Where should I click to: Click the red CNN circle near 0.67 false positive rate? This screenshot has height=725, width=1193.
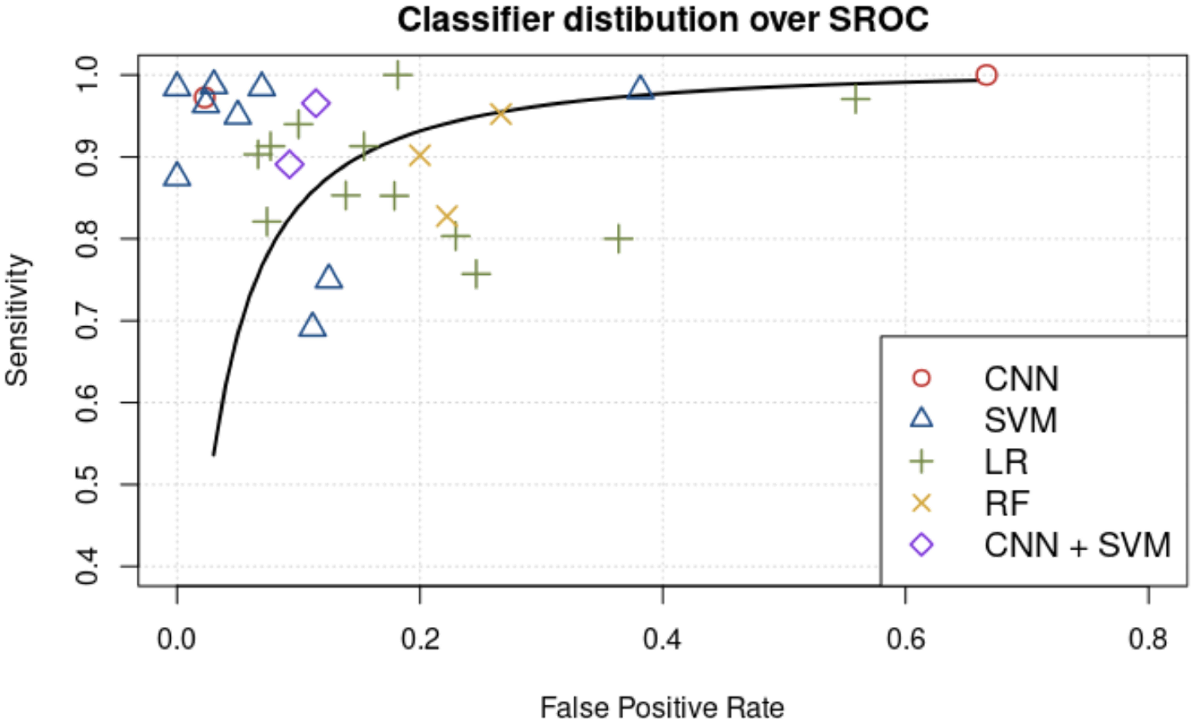986,75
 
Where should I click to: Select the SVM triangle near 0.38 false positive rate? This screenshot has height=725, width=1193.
640,88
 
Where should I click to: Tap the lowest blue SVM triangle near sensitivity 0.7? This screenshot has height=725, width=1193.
312,326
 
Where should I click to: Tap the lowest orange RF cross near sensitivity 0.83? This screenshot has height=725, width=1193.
446,216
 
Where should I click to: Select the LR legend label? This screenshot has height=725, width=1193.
1006,462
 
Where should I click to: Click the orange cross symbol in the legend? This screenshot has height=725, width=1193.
921,503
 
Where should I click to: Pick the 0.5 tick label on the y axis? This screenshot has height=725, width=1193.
87,484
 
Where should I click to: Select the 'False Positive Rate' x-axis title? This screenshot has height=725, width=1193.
662,708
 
